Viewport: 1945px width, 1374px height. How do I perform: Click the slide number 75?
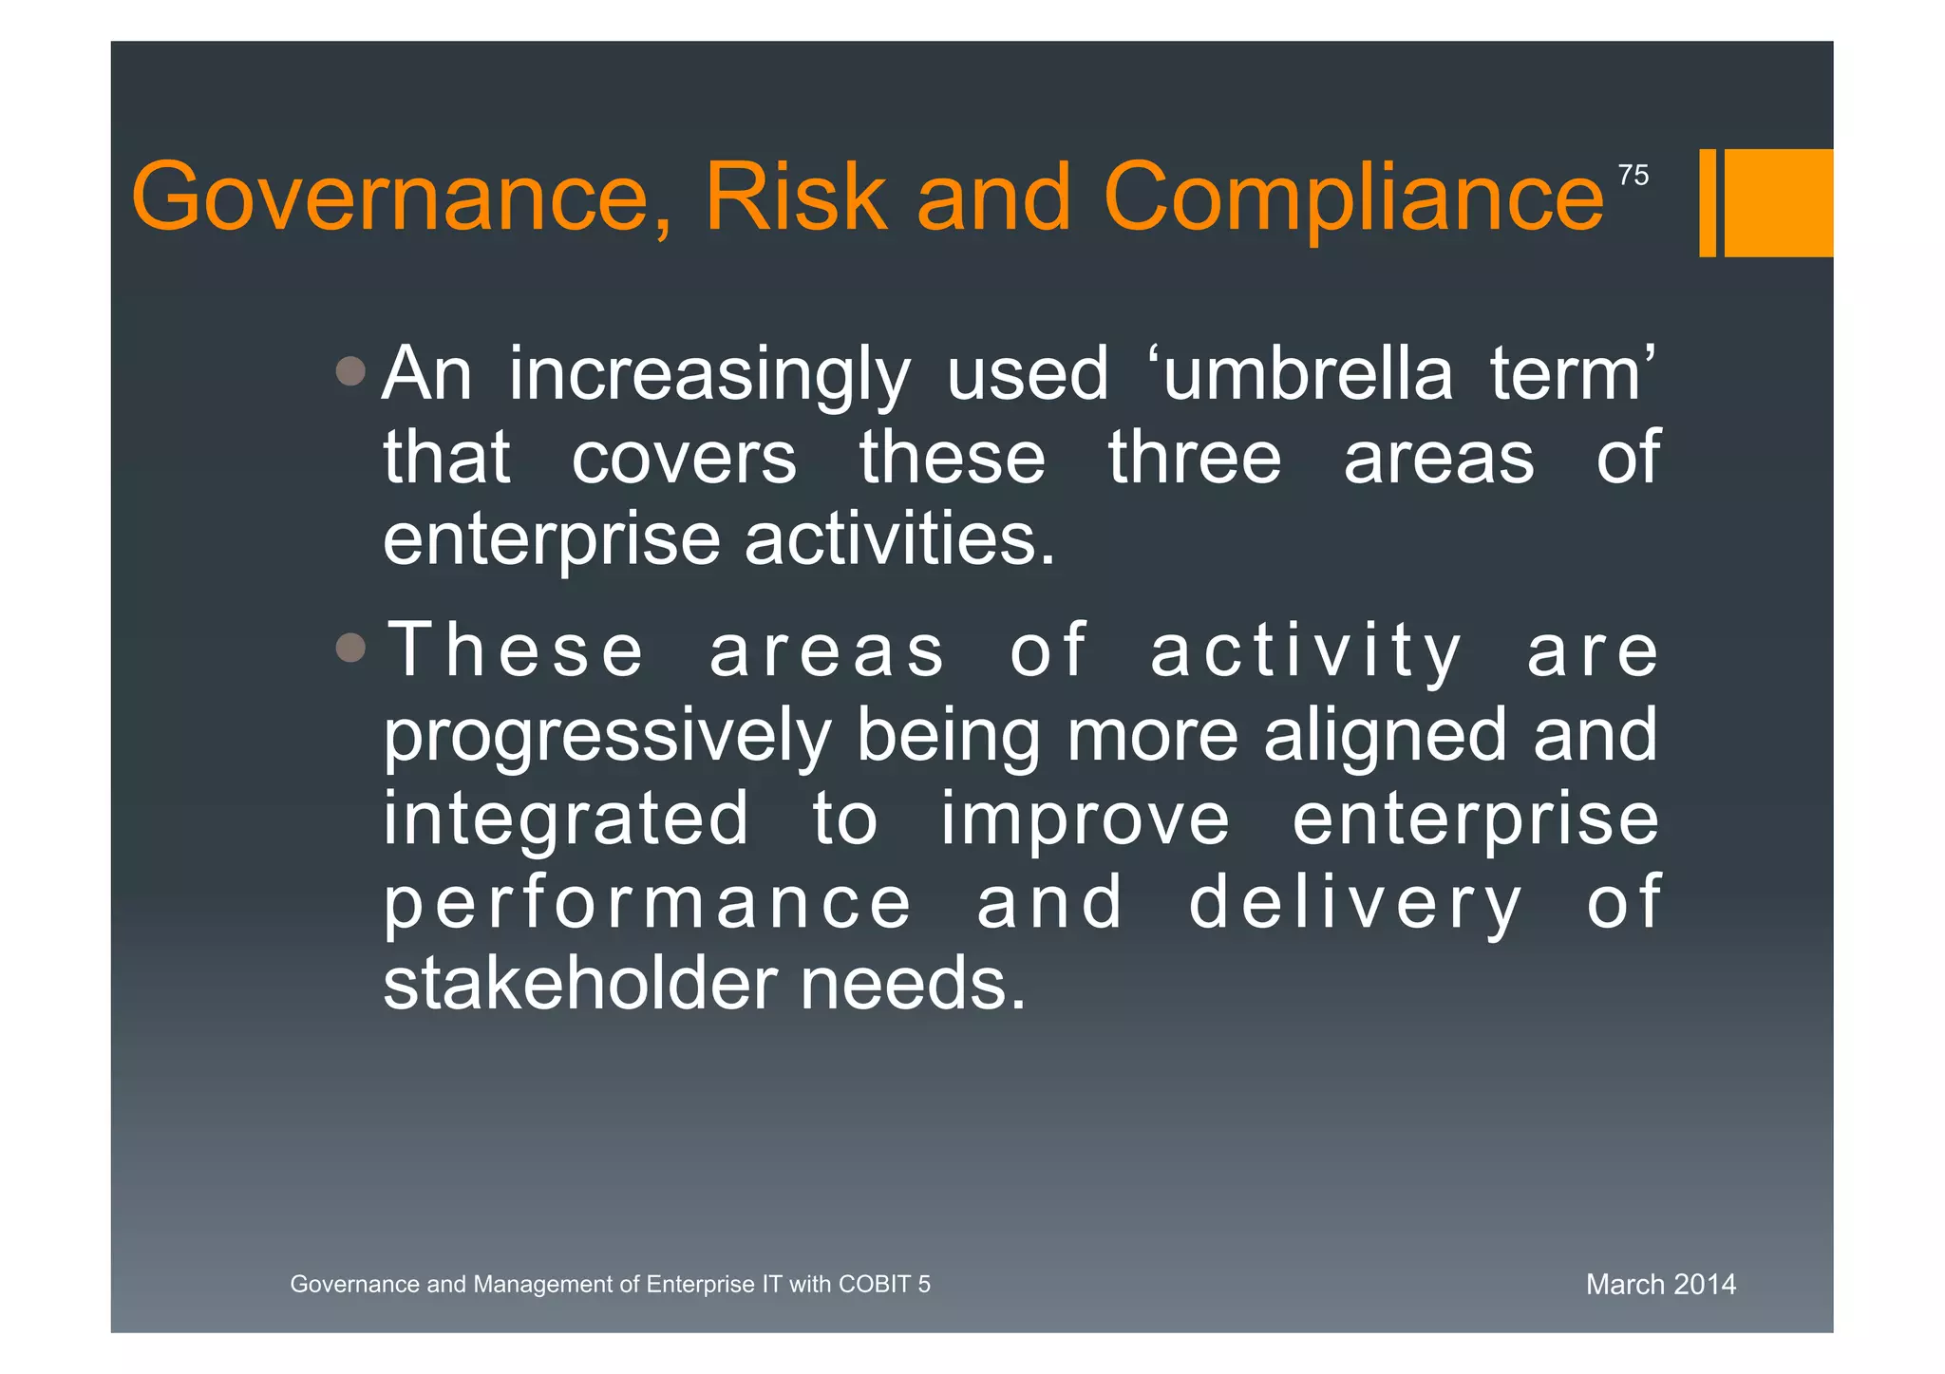click(1633, 176)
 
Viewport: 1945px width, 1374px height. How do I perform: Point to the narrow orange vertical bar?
click(1707, 202)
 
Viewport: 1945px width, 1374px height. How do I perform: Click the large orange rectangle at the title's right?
click(1778, 202)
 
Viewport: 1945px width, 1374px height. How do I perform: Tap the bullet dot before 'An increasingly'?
click(350, 371)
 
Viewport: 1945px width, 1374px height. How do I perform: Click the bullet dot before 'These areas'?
click(350, 649)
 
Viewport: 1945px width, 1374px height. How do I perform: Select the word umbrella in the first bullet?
click(1308, 374)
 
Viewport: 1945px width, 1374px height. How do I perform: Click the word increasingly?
click(709, 376)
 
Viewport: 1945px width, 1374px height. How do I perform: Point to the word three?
click(1194, 458)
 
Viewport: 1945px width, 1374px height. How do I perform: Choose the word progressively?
click(607, 736)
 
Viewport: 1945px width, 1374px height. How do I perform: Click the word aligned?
click(1385, 736)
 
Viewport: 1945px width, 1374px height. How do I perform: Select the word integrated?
click(566, 819)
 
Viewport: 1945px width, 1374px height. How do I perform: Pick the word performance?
click(648, 903)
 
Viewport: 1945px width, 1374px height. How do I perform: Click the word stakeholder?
click(580, 985)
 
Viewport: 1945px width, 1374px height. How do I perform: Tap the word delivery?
click(1355, 903)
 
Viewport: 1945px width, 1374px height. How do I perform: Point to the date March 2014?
click(1660, 1285)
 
